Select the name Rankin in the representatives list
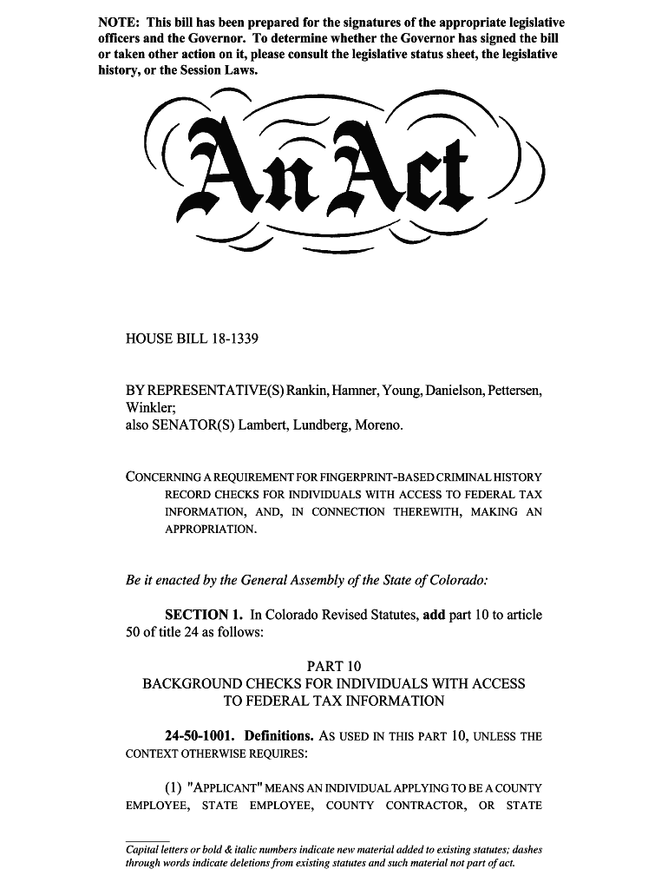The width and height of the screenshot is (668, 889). coord(308,391)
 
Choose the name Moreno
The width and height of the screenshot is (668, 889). coord(378,425)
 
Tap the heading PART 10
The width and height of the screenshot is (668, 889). coord(334,667)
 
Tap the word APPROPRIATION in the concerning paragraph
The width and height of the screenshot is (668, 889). coord(211,529)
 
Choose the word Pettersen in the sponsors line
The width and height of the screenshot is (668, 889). coord(511,391)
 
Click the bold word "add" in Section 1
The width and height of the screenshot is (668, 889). coord(433,615)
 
